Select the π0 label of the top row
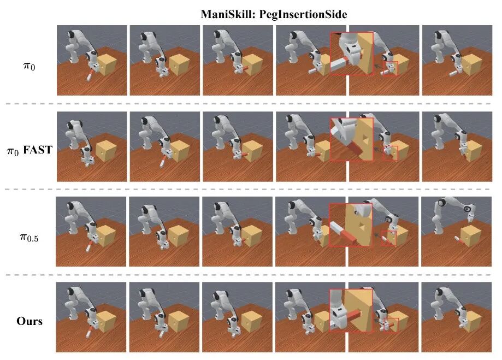pos(29,66)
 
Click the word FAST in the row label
pos(38,150)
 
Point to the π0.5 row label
pos(29,237)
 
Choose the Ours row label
pos(29,321)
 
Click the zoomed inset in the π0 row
pos(352,54)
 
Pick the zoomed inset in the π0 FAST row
pos(352,139)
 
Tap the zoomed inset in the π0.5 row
pos(351,225)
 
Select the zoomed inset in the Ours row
pos(351,311)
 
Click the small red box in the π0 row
pos(390,68)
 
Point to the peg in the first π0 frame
pos(90,75)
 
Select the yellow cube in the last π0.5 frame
pos(471,236)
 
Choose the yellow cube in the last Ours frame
pos(471,322)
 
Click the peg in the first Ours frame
pos(90,332)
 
